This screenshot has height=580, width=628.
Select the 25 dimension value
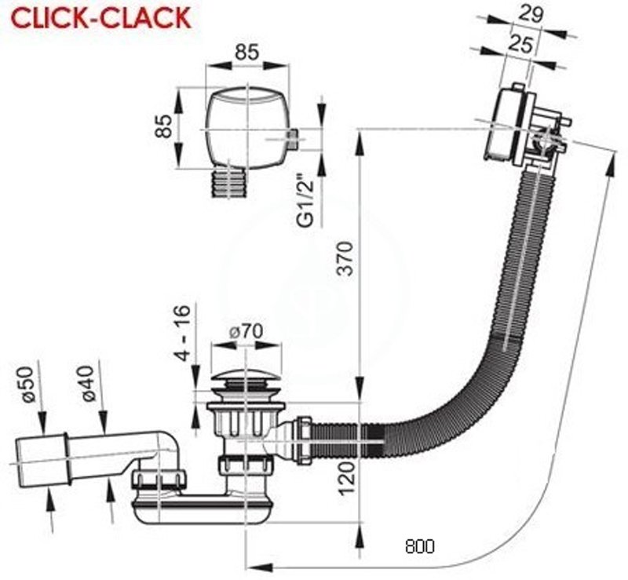[x=521, y=43]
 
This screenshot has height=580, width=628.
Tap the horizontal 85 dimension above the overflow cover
[x=246, y=52]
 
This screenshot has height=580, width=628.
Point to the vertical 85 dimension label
[x=164, y=126]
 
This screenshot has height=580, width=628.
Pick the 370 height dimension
[x=345, y=258]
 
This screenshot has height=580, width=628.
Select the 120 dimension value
[x=347, y=478]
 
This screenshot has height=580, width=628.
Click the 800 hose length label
[x=419, y=546]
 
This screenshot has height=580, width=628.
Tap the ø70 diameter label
[x=246, y=331]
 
